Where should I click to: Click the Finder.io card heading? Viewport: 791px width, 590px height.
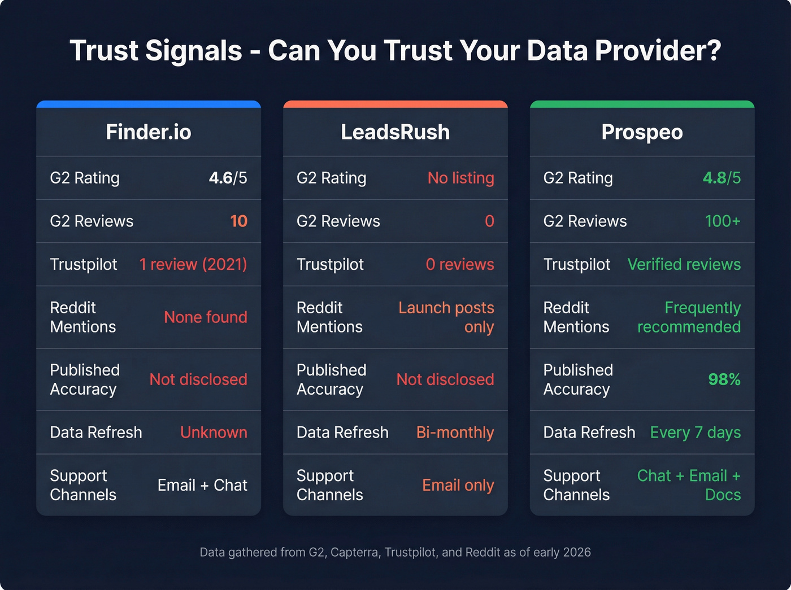149,132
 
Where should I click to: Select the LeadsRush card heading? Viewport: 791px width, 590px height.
395,132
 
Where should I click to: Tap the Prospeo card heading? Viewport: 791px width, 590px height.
642,132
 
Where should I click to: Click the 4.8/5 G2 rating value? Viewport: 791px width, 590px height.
722,178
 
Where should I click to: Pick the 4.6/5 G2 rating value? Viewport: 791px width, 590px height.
228,178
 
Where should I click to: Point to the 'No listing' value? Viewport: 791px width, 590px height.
460,178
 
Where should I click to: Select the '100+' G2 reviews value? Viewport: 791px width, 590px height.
722,221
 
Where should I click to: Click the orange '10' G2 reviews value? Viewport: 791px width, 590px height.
238,221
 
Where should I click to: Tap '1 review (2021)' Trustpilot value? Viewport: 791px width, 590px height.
193,264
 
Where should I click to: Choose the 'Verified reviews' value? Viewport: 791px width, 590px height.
684,264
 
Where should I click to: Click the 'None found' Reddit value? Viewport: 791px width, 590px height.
205,317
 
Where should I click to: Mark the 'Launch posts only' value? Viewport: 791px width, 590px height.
446,317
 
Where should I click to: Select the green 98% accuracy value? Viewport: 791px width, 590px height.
724,379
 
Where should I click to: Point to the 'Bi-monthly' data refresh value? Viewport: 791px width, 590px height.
455,432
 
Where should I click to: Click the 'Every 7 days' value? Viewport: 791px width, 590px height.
695,432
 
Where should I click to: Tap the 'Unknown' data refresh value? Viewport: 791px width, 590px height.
214,432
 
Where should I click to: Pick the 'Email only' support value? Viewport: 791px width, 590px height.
458,485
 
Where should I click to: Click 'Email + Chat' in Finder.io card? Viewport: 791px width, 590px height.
202,485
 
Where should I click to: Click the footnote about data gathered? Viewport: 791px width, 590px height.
395,552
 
